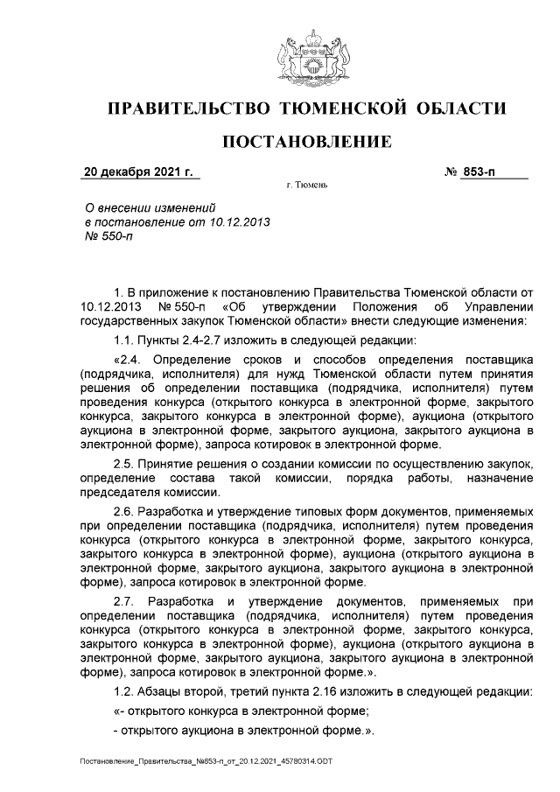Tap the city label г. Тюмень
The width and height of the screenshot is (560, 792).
(307, 186)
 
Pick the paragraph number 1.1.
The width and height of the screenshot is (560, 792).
(126, 340)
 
